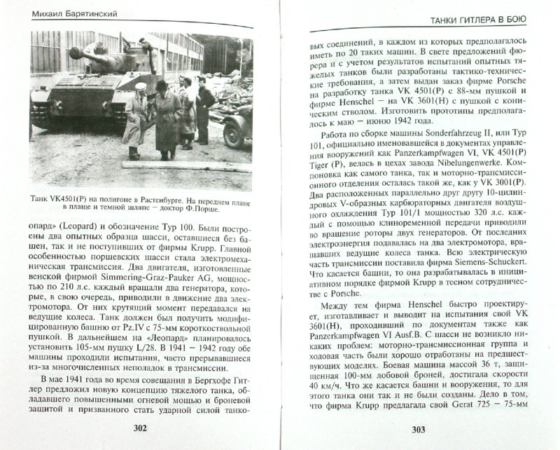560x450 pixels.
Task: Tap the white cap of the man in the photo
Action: point(139,86)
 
